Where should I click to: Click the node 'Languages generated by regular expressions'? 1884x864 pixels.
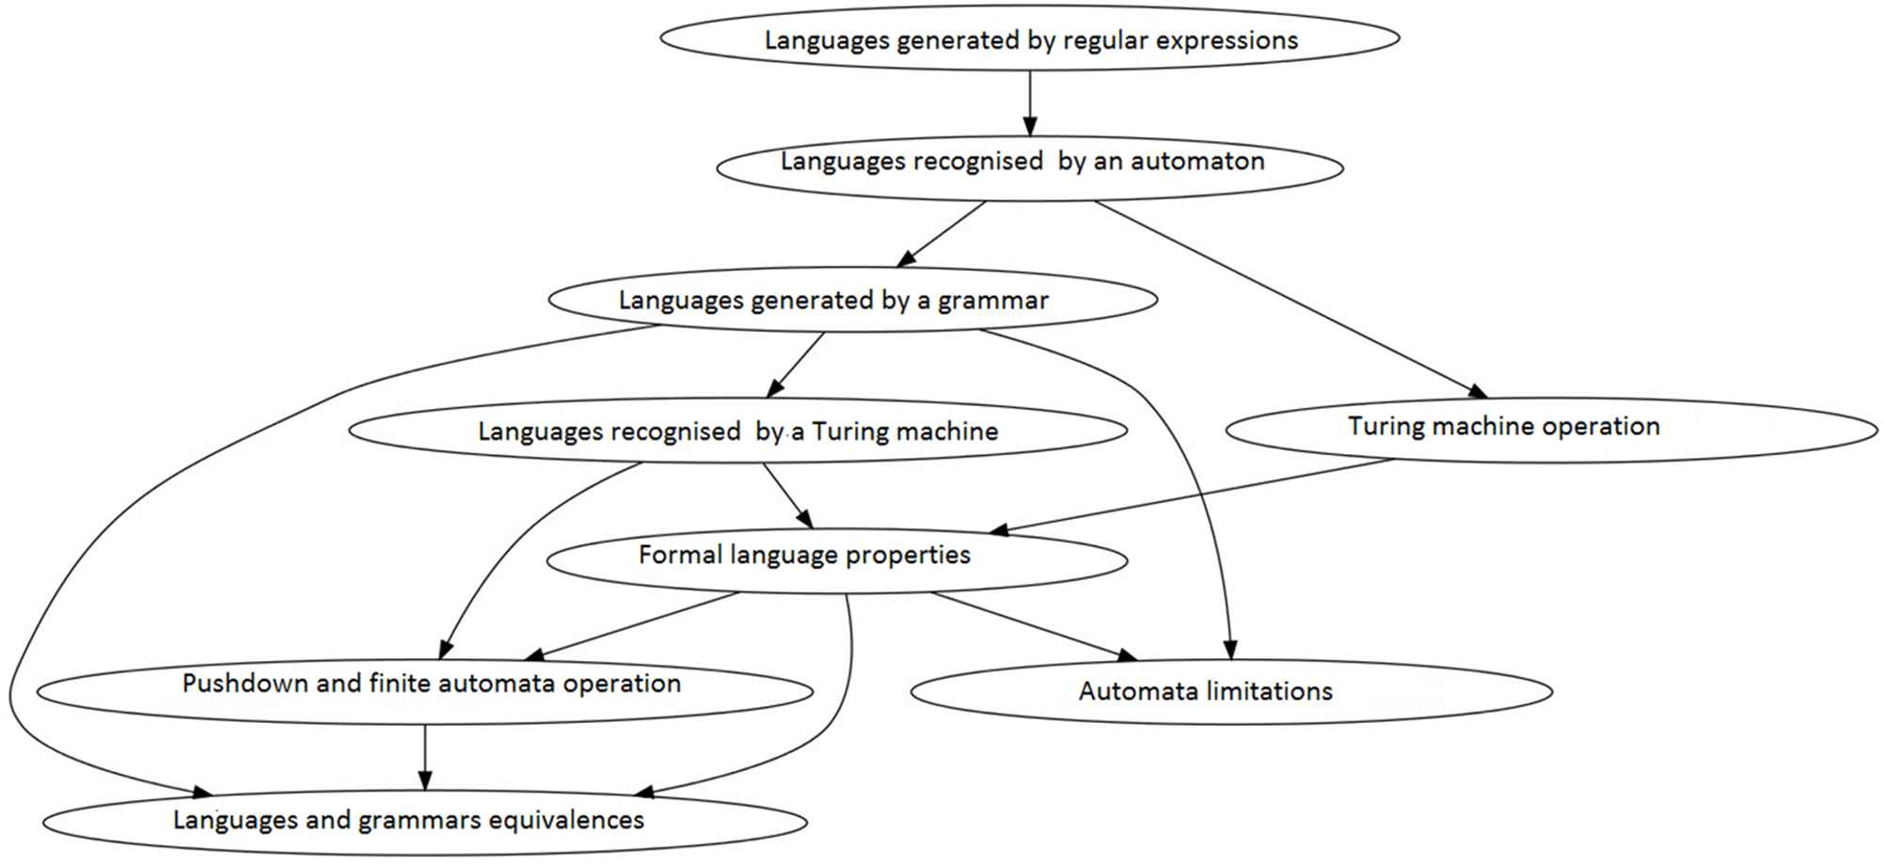(1030, 39)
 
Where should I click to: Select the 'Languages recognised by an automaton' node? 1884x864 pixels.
(1029, 165)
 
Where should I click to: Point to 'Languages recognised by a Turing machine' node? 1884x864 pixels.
(737, 431)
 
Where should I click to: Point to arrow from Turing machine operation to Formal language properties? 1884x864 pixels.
(1195, 496)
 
